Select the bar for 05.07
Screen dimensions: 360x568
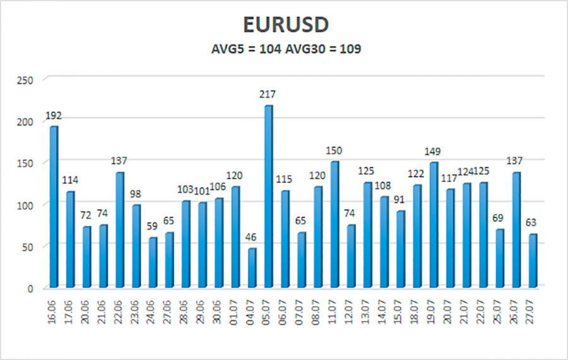point(268,196)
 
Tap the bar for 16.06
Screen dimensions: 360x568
point(54,206)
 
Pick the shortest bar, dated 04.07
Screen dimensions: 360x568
point(252,267)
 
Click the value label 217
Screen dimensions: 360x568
point(268,94)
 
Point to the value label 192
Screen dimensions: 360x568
point(54,116)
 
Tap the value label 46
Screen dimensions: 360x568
point(252,237)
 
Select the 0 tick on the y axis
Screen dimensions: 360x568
point(31,288)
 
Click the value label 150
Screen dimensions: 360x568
point(334,150)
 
